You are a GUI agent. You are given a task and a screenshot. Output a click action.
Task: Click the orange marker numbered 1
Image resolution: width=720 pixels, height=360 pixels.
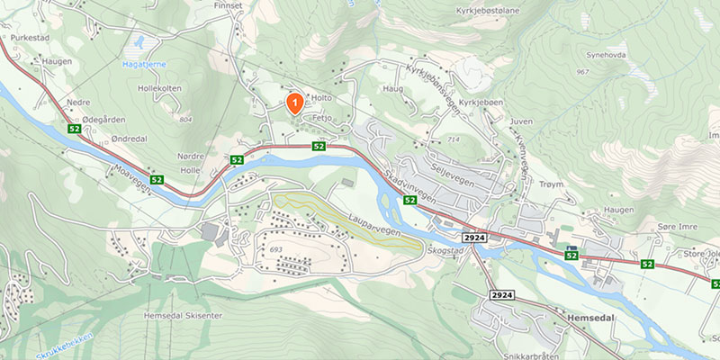click(x=293, y=103)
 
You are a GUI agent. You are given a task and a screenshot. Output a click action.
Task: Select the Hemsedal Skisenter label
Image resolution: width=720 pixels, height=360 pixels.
click(x=183, y=316)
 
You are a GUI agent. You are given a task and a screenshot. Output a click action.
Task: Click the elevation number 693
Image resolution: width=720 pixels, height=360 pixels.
click(x=275, y=248)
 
